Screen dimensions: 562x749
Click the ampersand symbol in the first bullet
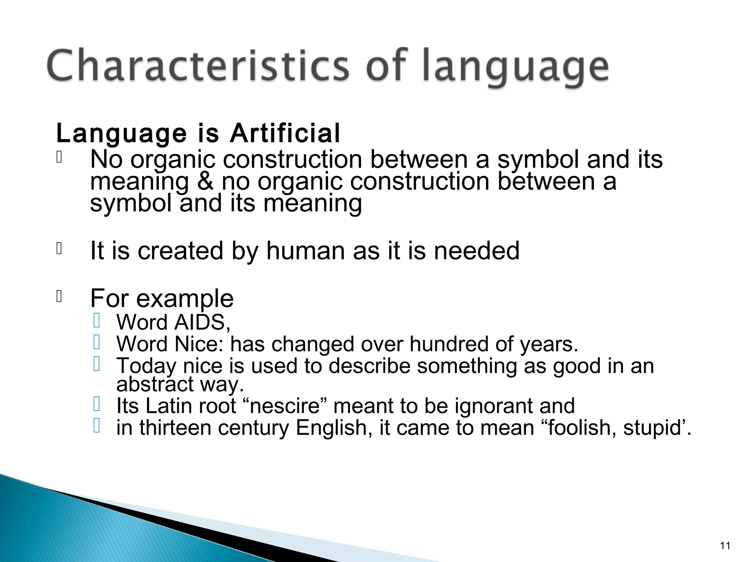(205, 182)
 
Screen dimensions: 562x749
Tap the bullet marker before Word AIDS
(97, 321)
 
